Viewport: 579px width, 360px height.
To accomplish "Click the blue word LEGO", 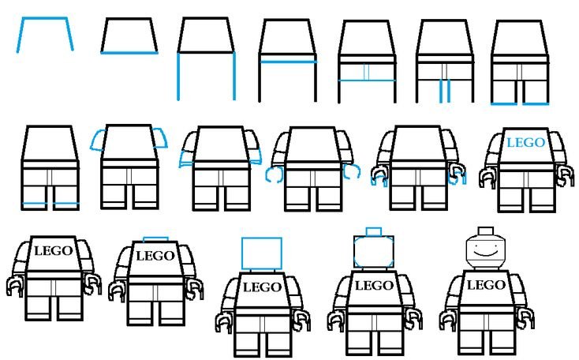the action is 525,142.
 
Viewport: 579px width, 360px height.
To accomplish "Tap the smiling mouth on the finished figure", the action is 486,253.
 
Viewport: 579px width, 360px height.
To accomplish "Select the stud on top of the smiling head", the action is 486,231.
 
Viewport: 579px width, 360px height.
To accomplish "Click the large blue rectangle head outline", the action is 262,253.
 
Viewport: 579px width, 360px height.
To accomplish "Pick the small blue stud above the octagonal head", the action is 374,232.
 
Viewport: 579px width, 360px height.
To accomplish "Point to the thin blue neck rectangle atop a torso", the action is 155,239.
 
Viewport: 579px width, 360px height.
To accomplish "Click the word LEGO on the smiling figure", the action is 486,285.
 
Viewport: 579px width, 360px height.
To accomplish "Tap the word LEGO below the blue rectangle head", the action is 262,287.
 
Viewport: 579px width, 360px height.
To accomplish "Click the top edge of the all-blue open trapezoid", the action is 44,17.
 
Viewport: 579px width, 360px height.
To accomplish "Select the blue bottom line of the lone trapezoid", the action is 129,53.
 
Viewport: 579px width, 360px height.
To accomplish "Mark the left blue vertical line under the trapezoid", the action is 178,76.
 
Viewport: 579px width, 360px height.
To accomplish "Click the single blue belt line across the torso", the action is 288,62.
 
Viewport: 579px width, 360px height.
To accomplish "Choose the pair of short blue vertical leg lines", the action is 445,91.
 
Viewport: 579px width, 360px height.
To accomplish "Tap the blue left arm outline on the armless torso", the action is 97,141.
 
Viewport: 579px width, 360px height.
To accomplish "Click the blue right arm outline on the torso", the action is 161,138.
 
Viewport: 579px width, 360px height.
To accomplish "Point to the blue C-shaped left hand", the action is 274,174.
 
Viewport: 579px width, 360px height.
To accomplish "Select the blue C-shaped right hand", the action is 352,172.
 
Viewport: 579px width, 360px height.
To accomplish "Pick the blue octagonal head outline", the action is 374,252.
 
